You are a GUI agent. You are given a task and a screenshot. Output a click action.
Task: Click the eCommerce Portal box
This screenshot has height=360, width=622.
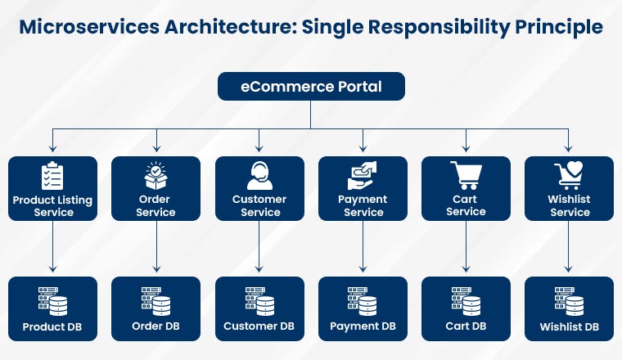(x=310, y=86)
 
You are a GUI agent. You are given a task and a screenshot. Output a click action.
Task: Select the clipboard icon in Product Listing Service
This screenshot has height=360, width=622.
(x=52, y=176)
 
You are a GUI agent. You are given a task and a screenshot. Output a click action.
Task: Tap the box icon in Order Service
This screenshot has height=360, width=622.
(x=155, y=175)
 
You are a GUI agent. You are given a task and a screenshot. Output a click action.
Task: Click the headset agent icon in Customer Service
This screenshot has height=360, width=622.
(x=259, y=175)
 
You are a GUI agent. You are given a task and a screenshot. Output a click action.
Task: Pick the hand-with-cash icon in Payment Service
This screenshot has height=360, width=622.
(x=362, y=175)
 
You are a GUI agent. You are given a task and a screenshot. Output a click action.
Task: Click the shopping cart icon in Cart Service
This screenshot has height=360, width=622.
(x=466, y=175)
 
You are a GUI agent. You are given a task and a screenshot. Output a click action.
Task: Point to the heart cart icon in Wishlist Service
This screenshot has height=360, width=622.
(x=569, y=175)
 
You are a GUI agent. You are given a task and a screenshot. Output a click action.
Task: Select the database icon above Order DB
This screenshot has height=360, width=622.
(x=155, y=301)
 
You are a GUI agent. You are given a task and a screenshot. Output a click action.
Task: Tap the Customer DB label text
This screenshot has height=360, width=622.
(x=259, y=326)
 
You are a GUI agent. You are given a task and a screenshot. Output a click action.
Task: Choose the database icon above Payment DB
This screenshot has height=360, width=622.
(x=362, y=301)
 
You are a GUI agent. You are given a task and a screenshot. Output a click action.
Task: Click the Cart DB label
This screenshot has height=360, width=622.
(x=466, y=326)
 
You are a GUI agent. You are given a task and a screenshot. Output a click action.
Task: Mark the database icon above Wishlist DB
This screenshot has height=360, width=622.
(x=569, y=301)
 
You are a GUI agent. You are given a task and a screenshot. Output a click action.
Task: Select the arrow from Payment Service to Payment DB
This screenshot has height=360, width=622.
(x=363, y=249)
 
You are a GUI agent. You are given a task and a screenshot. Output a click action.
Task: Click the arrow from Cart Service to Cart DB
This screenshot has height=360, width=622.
(x=466, y=249)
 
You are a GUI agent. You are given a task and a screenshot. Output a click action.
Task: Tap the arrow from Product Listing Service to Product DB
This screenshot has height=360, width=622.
(x=52, y=249)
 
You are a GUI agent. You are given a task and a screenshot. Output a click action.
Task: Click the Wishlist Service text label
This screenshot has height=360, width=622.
(x=570, y=205)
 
